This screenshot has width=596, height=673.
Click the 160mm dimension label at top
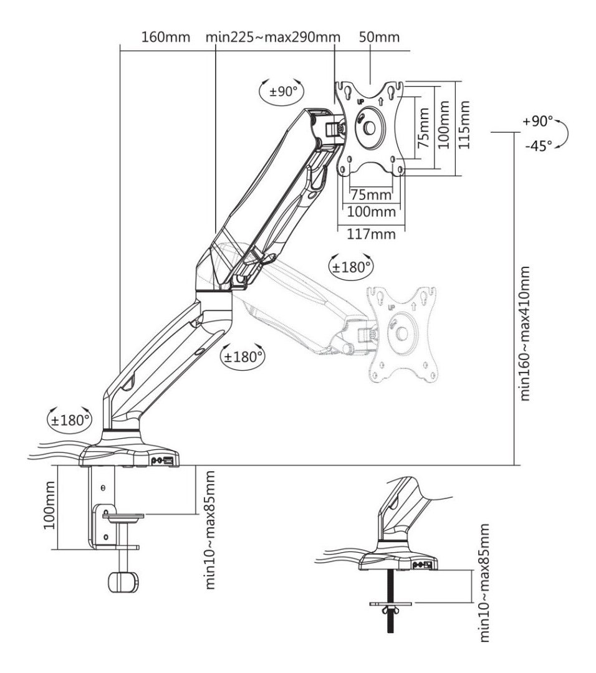166,37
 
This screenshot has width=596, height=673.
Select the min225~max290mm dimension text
273,37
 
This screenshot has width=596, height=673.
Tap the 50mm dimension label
379,37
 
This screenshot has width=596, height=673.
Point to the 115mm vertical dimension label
464,125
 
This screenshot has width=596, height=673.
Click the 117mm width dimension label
371,234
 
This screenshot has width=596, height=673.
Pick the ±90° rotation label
284,92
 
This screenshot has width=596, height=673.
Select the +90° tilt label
537,122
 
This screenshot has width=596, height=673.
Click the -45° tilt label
539,146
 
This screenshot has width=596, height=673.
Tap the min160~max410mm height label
524,334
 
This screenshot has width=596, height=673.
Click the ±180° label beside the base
70,420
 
